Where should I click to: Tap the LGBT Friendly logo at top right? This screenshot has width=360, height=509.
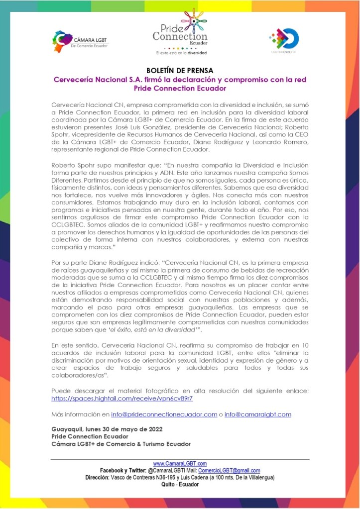283,39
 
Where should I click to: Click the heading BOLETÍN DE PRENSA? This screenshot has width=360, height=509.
180,71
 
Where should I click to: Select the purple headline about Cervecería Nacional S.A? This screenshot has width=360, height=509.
180,84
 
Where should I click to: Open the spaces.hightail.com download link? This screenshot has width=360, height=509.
122,399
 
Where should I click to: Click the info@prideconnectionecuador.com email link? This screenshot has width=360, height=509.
164,414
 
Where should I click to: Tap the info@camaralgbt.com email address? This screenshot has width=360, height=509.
257,414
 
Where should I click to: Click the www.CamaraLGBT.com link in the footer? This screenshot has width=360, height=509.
180,464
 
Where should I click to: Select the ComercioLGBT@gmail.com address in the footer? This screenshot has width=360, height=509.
229,471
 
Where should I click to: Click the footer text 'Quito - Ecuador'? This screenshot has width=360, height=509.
180,485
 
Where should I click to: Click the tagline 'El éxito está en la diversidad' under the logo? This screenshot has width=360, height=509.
181,52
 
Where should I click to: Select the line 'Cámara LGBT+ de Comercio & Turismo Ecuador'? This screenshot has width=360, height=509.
121,444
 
